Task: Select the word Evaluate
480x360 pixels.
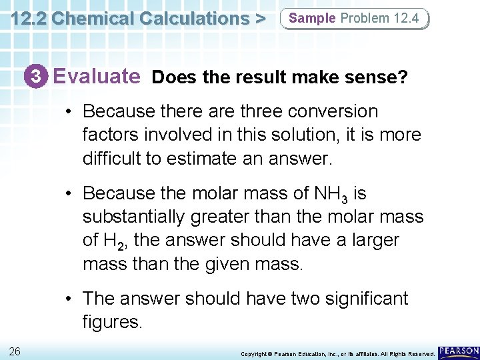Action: [97, 77]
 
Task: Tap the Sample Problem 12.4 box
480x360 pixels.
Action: [354, 18]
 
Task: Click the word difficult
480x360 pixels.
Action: [110, 159]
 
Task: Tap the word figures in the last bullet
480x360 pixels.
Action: [112, 322]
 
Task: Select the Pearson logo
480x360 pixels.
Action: [459, 351]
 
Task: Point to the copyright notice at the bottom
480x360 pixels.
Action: [337, 353]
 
